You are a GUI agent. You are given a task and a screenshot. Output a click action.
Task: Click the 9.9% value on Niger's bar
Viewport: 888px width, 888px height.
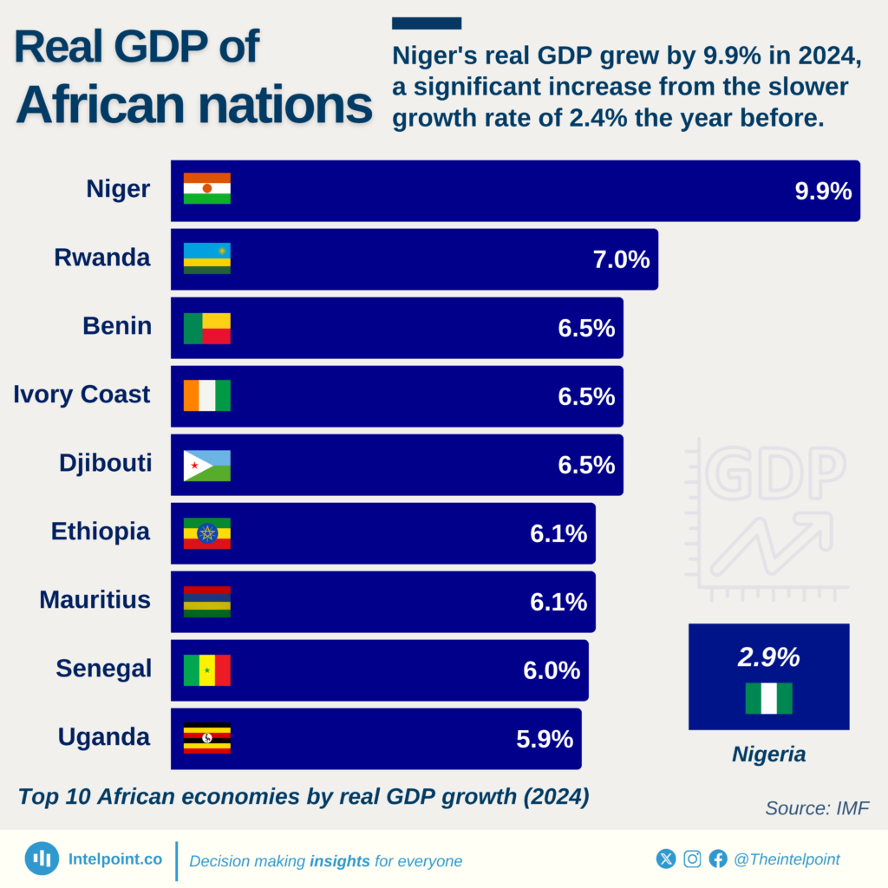(823, 191)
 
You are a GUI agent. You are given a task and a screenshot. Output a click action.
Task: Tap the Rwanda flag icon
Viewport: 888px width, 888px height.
(206, 258)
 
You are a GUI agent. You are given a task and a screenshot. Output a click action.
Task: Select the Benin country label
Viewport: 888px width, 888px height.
(117, 326)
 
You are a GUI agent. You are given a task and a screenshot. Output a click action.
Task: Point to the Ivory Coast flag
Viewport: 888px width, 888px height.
(206, 395)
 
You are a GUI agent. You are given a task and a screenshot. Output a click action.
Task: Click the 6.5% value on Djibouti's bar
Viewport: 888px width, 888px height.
(586, 465)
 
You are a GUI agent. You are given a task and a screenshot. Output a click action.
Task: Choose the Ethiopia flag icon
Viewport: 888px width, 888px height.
(206, 533)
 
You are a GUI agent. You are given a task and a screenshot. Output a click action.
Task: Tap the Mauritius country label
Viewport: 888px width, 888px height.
(95, 599)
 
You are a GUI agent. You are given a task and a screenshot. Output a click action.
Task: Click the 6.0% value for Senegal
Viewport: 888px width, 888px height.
(552, 670)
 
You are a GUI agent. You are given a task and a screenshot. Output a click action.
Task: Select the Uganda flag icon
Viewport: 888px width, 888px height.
(206, 739)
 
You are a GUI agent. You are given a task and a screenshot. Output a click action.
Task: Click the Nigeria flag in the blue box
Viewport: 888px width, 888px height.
(768, 698)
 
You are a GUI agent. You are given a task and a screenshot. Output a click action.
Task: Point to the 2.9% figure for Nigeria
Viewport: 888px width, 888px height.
(768, 657)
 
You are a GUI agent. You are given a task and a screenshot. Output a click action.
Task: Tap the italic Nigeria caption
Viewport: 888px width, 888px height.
(768, 754)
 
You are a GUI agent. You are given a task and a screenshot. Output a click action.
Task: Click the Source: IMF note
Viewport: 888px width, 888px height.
(816, 808)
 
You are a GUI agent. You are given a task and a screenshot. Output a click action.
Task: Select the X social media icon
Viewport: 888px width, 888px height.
(666, 859)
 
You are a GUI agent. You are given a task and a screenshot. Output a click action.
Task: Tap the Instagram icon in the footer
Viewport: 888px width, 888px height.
(692, 859)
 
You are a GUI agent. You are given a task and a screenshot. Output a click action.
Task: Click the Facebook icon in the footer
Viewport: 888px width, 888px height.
(718, 859)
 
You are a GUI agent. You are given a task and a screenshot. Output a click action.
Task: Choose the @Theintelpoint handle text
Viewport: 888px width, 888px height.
(787, 859)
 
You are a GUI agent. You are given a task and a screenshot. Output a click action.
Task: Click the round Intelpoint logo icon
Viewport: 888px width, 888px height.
(42, 859)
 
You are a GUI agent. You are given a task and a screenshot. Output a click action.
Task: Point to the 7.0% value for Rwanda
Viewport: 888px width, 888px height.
(621, 259)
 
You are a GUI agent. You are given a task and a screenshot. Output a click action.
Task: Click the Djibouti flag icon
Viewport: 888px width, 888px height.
(206, 465)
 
